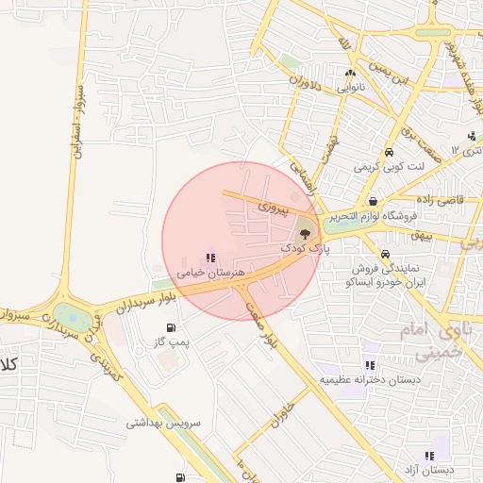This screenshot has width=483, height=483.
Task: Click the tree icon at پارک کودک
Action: (305, 231)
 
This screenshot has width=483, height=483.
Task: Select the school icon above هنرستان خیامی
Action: (209, 258)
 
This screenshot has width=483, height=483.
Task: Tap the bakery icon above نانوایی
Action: (350, 73)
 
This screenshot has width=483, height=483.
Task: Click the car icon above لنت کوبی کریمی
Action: (389, 153)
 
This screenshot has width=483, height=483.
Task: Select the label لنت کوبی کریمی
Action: (390, 167)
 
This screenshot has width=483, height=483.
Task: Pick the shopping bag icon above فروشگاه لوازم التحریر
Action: (375, 200)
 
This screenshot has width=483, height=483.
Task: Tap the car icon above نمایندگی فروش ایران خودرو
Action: (385, 254)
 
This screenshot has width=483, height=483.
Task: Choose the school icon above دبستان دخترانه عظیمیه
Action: (369, 365)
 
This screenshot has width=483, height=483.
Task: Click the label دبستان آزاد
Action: (437, 469)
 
